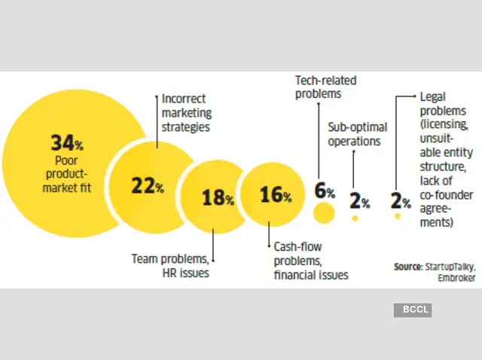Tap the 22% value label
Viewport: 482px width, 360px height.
tap(148, 187)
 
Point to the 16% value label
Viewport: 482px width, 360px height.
tap(276, 195)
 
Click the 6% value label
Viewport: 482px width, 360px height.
tap(325, 191)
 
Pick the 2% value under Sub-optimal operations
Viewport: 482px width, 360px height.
tap(359, 201)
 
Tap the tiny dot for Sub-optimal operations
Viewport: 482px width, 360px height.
tap(355, 218)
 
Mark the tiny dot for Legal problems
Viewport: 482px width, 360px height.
tap(397, 217)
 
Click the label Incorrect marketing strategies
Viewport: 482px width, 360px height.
tap(186, 113)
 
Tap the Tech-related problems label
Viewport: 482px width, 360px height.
tap(325, 87)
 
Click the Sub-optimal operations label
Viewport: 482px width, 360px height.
tap(355, 134)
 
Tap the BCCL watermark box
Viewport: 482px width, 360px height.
tap(412, 310)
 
